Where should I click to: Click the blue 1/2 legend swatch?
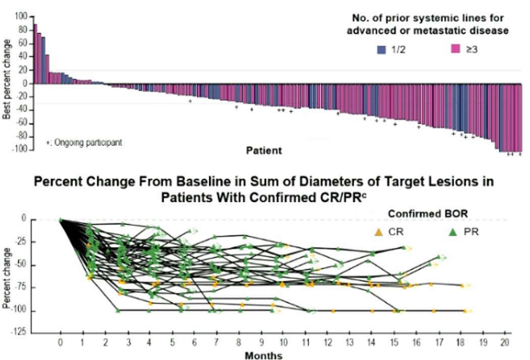click(382, 49)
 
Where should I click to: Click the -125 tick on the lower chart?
click(19, 333)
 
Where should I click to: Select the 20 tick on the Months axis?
click(504, 343)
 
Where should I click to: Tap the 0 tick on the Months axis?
click(61, 343)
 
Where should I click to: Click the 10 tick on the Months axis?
click(282, 343)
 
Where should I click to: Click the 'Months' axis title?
click(263, 355)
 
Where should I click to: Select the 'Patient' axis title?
click(265, 150)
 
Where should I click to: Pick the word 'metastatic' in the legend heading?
click(451, 31)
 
